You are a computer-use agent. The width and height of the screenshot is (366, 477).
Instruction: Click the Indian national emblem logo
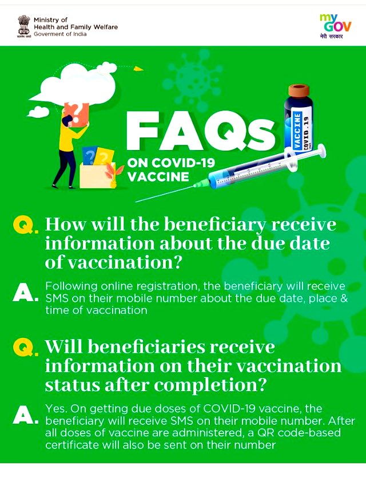(23, 26)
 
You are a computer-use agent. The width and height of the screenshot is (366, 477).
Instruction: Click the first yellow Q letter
(23, 226)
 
